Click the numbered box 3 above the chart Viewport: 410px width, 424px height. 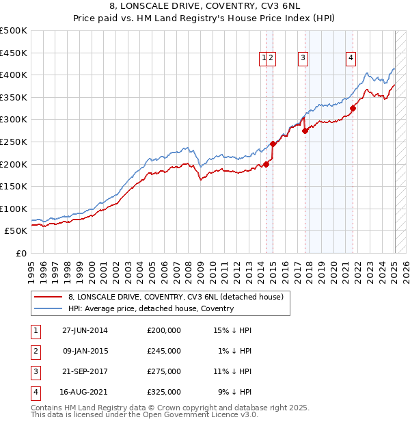click(302, 58)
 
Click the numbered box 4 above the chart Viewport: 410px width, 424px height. click(351, 58)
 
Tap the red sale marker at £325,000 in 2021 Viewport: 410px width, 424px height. click(353, 107)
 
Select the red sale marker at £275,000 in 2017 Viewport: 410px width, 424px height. click(305, 131)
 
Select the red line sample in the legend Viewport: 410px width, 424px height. click(48, 297)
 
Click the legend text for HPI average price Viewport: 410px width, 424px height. click(151, 308)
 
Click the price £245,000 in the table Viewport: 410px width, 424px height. click(164, 351)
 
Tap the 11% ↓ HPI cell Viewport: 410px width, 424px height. click(232, 371)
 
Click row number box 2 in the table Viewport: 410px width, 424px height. click(35, 351)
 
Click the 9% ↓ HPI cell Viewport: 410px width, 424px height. click(234, 392)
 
